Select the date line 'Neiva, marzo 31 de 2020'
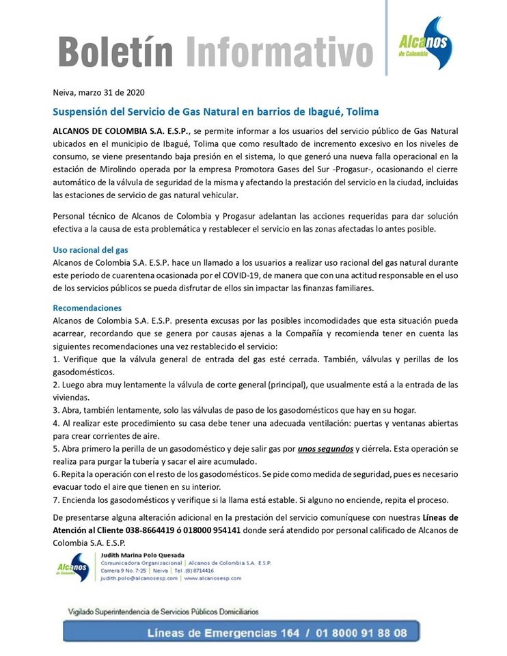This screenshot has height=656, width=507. [x=99, y=92]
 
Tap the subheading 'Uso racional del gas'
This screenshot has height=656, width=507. [x=90, y=249]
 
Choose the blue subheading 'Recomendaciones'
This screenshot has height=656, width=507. [x=87, y=308]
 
